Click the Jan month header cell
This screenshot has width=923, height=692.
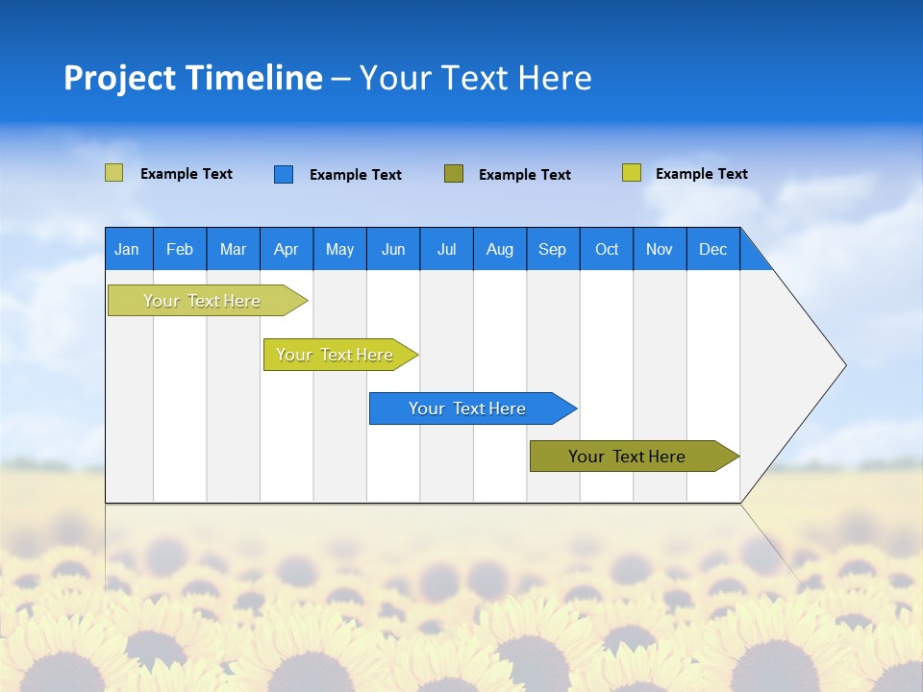pos(127,249)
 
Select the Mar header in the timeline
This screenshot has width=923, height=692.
pos(233,249)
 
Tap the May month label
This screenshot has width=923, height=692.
pos(339,249)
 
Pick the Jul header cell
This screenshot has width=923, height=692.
pos(446,249)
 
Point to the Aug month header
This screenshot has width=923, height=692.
pos(499,249)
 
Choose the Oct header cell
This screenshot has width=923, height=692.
pos(607,249)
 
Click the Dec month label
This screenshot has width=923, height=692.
pos(712,249)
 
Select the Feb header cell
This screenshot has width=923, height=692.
pos(180,249)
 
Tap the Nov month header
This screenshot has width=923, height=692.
pos(660,249)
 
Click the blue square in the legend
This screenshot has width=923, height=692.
pos(284,174)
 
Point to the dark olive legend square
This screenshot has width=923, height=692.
pos(454,174)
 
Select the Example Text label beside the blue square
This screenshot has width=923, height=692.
pos(355,175)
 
